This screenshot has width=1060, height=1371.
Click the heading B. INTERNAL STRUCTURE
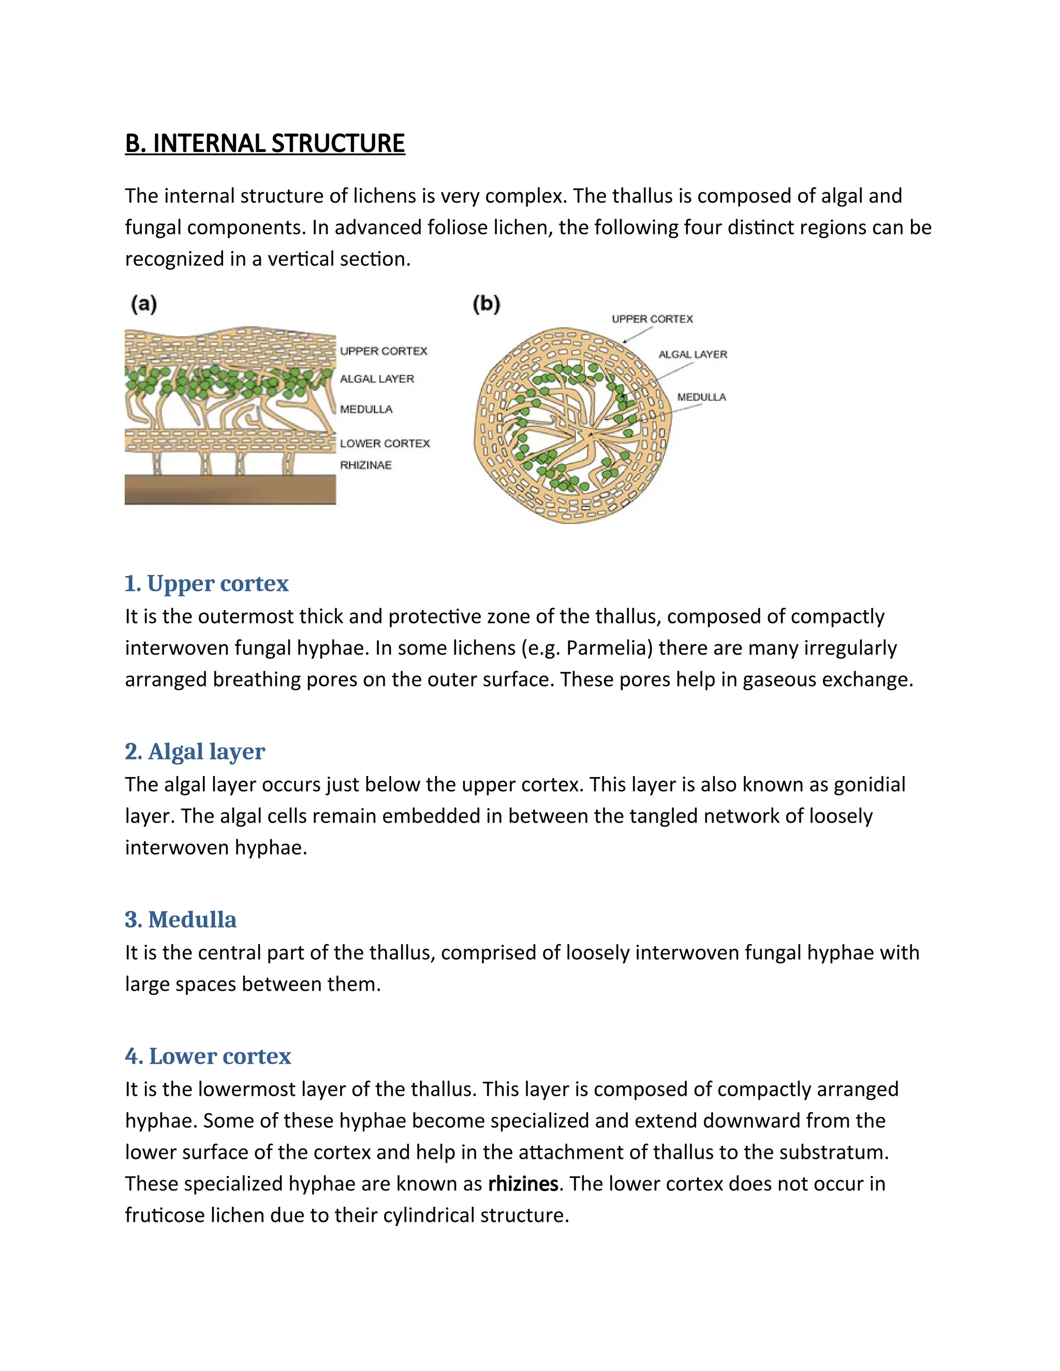coord(264,144)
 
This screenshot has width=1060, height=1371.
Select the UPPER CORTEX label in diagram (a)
coord(383,351)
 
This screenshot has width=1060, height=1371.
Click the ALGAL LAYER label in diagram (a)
coord(377,379)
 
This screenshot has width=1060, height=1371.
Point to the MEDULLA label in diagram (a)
coord(366,409)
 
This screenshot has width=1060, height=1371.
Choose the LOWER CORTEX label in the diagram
coord(385,444)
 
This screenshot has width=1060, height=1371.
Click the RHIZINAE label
coord(365,465)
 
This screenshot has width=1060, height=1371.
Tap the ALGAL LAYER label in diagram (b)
coord(693,355)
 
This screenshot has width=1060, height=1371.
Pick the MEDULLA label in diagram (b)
coord(701,397)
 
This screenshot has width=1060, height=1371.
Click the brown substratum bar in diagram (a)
coord(230,489)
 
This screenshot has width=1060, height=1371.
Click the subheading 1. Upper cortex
coord(207,584)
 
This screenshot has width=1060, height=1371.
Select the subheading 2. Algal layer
coord(195,751)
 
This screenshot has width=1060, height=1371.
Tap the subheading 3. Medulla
coord(180,920)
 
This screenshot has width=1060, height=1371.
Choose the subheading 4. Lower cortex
coord(208,1056)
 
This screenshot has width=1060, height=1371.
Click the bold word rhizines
coord(523,1184)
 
